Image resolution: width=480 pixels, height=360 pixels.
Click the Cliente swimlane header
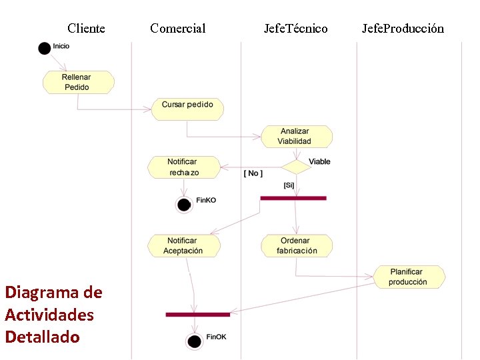(x=86, y=28)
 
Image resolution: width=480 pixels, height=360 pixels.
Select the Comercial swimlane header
(x=178, y=28)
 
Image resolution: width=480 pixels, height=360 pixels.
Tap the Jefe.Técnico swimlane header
(x=295, y=28)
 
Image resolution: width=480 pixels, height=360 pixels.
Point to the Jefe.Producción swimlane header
(x=403, y=28)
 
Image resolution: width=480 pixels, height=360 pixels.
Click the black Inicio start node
(x=45, y=48)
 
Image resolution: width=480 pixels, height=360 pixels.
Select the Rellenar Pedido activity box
(x=78, y=83)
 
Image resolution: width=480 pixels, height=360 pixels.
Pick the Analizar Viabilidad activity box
(x=295, y=137)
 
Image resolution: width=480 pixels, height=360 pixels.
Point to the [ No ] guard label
(x=253, y=173)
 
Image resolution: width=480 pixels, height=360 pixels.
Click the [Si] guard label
(x=289, y=185)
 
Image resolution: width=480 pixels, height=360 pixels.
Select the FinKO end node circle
(x=183, y=204)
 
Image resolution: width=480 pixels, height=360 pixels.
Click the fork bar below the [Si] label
(x=293, y=198)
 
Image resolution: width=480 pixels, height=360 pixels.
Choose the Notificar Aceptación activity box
(x=183, y=246)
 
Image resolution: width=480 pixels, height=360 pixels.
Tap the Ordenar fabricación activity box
(x=296, y=246)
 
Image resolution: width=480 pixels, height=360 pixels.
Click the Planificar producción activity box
(x=408, y=277)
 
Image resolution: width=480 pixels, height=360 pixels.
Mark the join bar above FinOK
(x=197, y=314)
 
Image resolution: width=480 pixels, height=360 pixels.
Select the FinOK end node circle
(x=195, y=341)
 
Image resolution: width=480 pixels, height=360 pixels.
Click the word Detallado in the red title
(x=42, y=337)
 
